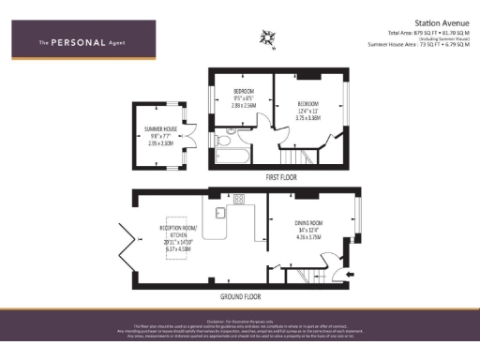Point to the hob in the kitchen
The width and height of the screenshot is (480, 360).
(x=239, y=198)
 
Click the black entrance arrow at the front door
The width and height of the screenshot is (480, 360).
(x=350, y=275)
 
